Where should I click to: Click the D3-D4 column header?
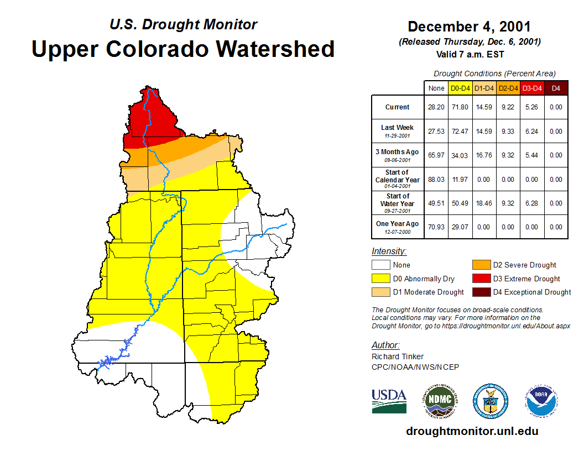point(532,88)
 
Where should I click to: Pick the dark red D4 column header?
point(556,88)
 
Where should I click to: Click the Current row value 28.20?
point(436,107)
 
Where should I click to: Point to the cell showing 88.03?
point(436,179)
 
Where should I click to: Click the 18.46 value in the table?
point(484,203)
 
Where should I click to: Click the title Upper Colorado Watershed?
point(183,49)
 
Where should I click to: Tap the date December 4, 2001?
point(469,27)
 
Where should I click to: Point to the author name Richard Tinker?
point(398,356)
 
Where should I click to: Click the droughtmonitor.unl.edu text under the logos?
point(472,431)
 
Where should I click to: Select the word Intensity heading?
point(389,251)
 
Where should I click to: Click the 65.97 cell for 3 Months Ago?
point(436,155)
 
